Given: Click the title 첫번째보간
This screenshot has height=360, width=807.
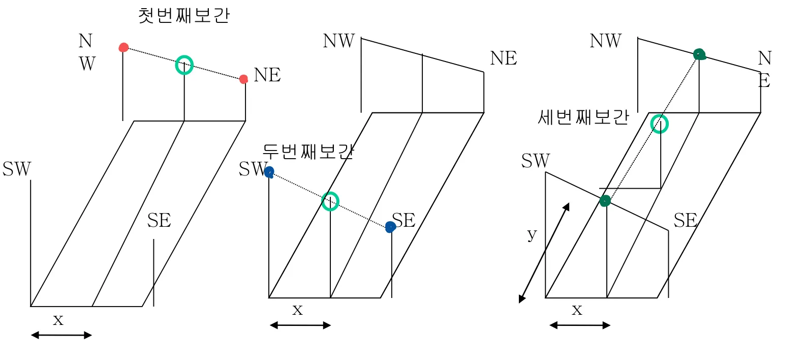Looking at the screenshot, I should (x=184, y=15).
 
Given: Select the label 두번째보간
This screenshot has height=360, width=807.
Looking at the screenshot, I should (x=308, y=152).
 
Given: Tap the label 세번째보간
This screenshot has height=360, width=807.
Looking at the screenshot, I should (x=583, y=117).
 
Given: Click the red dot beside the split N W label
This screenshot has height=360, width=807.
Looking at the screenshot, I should (x=123, y=48).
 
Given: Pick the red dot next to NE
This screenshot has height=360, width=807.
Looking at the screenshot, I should (x=244, y=79).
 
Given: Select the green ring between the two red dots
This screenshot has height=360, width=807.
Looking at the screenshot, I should (x=184, y=65).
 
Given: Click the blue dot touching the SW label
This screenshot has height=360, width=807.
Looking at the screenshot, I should (x=269, y=172).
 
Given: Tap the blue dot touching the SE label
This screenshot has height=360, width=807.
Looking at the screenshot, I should (x=390, y=227).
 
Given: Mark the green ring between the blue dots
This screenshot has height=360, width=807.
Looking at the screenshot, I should (x=330, y=201).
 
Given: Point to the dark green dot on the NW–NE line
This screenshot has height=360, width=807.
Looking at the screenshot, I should (x=700, y=54).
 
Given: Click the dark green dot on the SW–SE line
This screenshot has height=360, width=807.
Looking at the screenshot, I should (x=605, y=201).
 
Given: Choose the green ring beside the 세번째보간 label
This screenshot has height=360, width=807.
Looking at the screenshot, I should (x=660, y=124).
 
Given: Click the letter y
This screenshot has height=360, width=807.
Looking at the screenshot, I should (x=532, y=234).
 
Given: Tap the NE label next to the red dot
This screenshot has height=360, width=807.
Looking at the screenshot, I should (x=267, y=75).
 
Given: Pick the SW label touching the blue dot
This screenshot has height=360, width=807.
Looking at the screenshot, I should (x=252, y=169).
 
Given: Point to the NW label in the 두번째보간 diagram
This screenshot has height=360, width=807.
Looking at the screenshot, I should (x=338, y=41).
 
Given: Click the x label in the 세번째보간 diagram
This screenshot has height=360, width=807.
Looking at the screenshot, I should (x=577, y=309).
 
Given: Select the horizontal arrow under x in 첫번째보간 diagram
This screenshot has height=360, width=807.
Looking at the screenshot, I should (x=61, y=335).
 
